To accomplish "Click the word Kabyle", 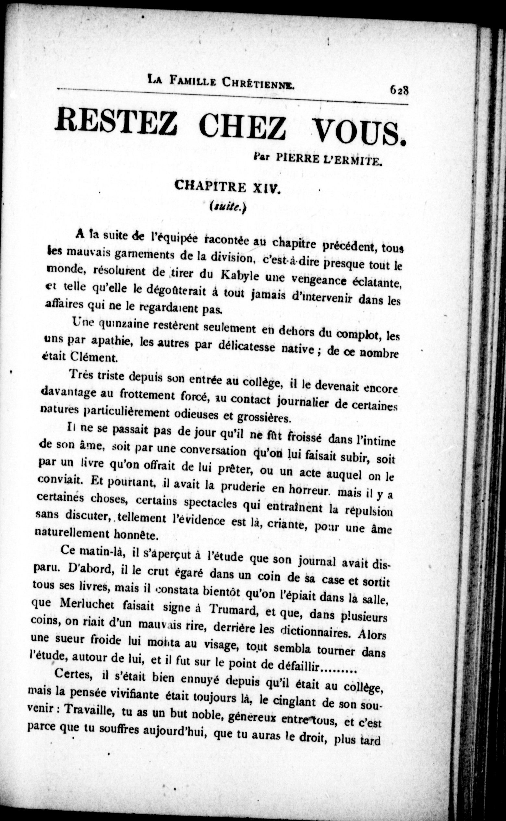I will [x=240, y=276].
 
